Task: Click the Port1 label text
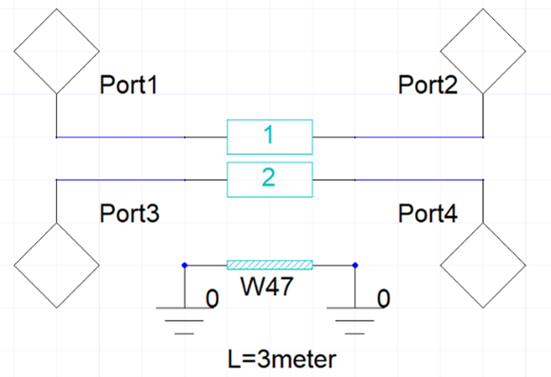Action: (128, 86)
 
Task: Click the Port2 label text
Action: (427, 86)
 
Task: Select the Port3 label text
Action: (128, 213)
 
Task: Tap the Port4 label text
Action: (427, 213)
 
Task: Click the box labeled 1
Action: (269, 137)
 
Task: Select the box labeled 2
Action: (269, 179)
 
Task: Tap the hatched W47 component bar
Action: (269, 265)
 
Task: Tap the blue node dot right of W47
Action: (355, 265)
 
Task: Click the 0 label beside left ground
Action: (211, 300)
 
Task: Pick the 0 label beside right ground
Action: (383, 300)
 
